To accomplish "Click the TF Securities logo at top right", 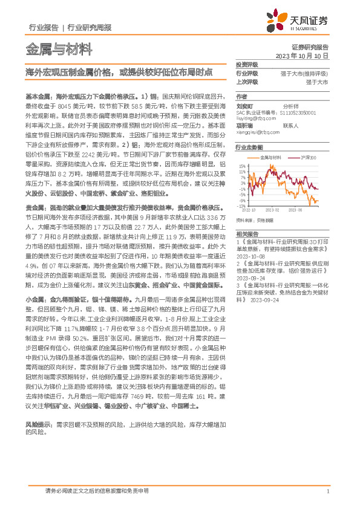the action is coord(303,21).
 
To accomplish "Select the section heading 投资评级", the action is coord(247,64).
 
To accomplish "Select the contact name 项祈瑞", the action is coord(244,126).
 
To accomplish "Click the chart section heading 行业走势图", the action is coord(249,147).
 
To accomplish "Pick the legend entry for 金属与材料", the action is coord(270,157).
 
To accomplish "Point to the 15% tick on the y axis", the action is coord(242,165).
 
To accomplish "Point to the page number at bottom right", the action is coord(327,491).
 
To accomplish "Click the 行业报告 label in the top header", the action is coord(43,27).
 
